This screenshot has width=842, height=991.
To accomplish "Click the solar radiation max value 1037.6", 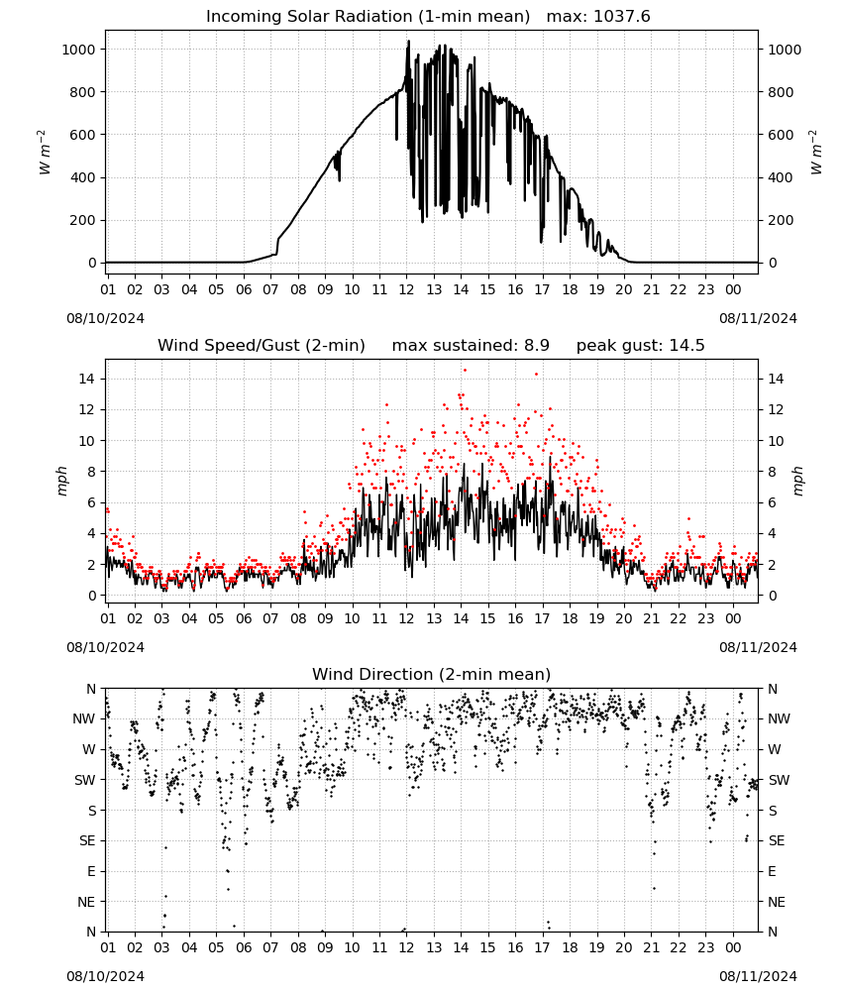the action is (621, 17).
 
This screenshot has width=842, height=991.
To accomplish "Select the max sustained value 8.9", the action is (537, 346).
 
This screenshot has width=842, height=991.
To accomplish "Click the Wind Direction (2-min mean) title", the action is (432, 674).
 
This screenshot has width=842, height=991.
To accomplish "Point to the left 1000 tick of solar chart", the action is (79, 50).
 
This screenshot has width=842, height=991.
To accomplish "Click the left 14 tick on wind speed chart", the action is (87, 379).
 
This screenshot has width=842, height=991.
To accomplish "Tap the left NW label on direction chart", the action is (84, 719).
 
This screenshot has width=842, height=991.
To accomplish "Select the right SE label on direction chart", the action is (777, 840).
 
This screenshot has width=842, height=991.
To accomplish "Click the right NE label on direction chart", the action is (777, 902).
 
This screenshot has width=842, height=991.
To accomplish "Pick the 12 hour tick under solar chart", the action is (406, 289).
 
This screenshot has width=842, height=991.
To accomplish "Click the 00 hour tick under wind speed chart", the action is (733, 618).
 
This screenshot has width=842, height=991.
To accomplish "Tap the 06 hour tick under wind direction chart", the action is (244, 947).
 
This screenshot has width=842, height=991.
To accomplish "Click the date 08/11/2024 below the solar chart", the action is (758, 318).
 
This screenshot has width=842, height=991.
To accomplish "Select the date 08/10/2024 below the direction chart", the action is (105, 976).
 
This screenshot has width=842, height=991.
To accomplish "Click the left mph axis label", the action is (61, 481).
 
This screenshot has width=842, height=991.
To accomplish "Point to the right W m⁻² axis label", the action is (815, 153).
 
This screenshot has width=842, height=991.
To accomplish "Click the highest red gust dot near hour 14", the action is (465, 371).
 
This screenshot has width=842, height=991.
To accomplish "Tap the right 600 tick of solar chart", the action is (781, 135).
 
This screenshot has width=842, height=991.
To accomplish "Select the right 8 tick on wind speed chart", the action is (772, 472).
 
